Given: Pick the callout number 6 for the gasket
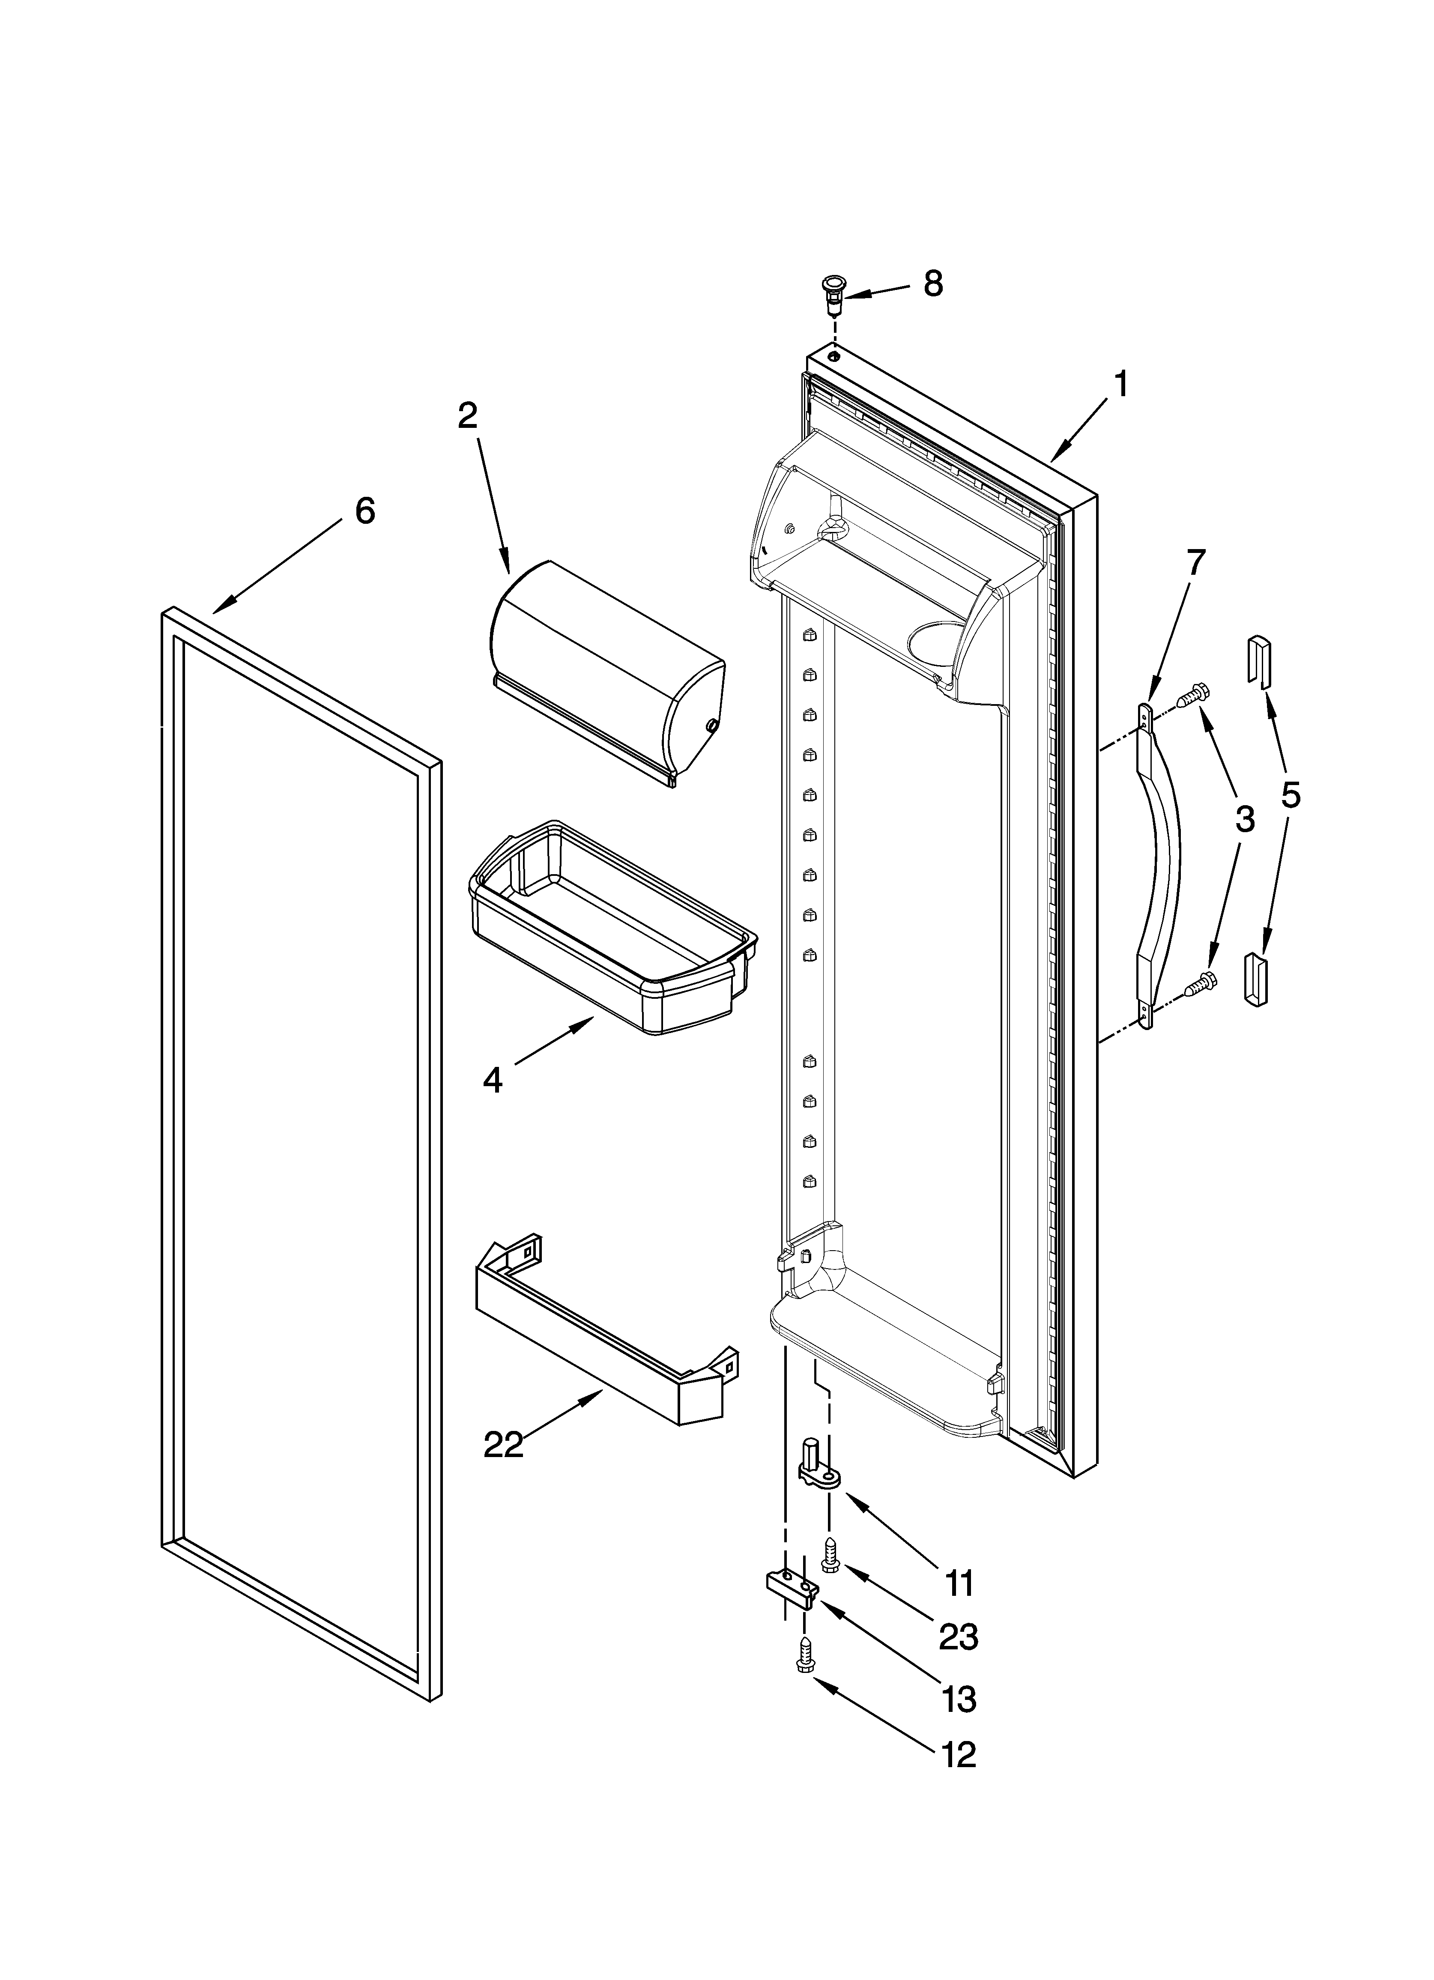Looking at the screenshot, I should click(x=365, y=511).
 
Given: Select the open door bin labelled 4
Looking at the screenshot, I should click(x=611, y=930).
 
